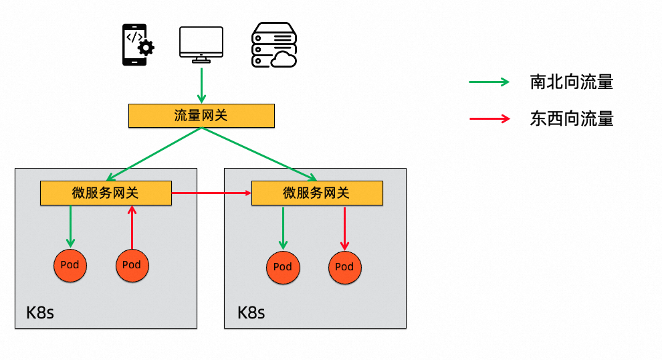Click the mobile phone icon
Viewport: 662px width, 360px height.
[135, 45]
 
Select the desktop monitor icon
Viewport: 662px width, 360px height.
[201, 45]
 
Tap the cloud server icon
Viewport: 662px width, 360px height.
[274, 45]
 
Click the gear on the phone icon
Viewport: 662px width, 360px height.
[146, 48]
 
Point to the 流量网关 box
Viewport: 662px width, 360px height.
[201, 116]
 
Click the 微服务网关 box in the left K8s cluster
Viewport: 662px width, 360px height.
[106, 193]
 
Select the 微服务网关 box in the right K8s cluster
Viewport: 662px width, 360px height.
[317, 193]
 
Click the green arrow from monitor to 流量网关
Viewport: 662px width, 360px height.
[201, 86]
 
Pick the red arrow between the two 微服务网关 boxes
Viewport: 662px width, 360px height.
[211, 193]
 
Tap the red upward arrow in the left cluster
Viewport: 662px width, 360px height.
[132, 228]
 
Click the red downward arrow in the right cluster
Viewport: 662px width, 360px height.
[344, 228]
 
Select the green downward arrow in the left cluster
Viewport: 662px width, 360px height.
[70, 226]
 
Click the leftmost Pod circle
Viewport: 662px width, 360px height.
[70, 266]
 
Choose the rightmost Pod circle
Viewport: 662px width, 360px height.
[345, 268]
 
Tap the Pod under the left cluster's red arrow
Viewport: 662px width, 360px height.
[132, 266]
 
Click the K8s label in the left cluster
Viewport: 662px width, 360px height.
[40, 312]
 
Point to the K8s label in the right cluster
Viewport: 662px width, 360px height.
[251, 312]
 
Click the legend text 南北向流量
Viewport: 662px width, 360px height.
[572, 82]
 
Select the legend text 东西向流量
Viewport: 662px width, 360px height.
[572, 118]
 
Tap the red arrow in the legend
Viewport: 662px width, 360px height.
[489, 118]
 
